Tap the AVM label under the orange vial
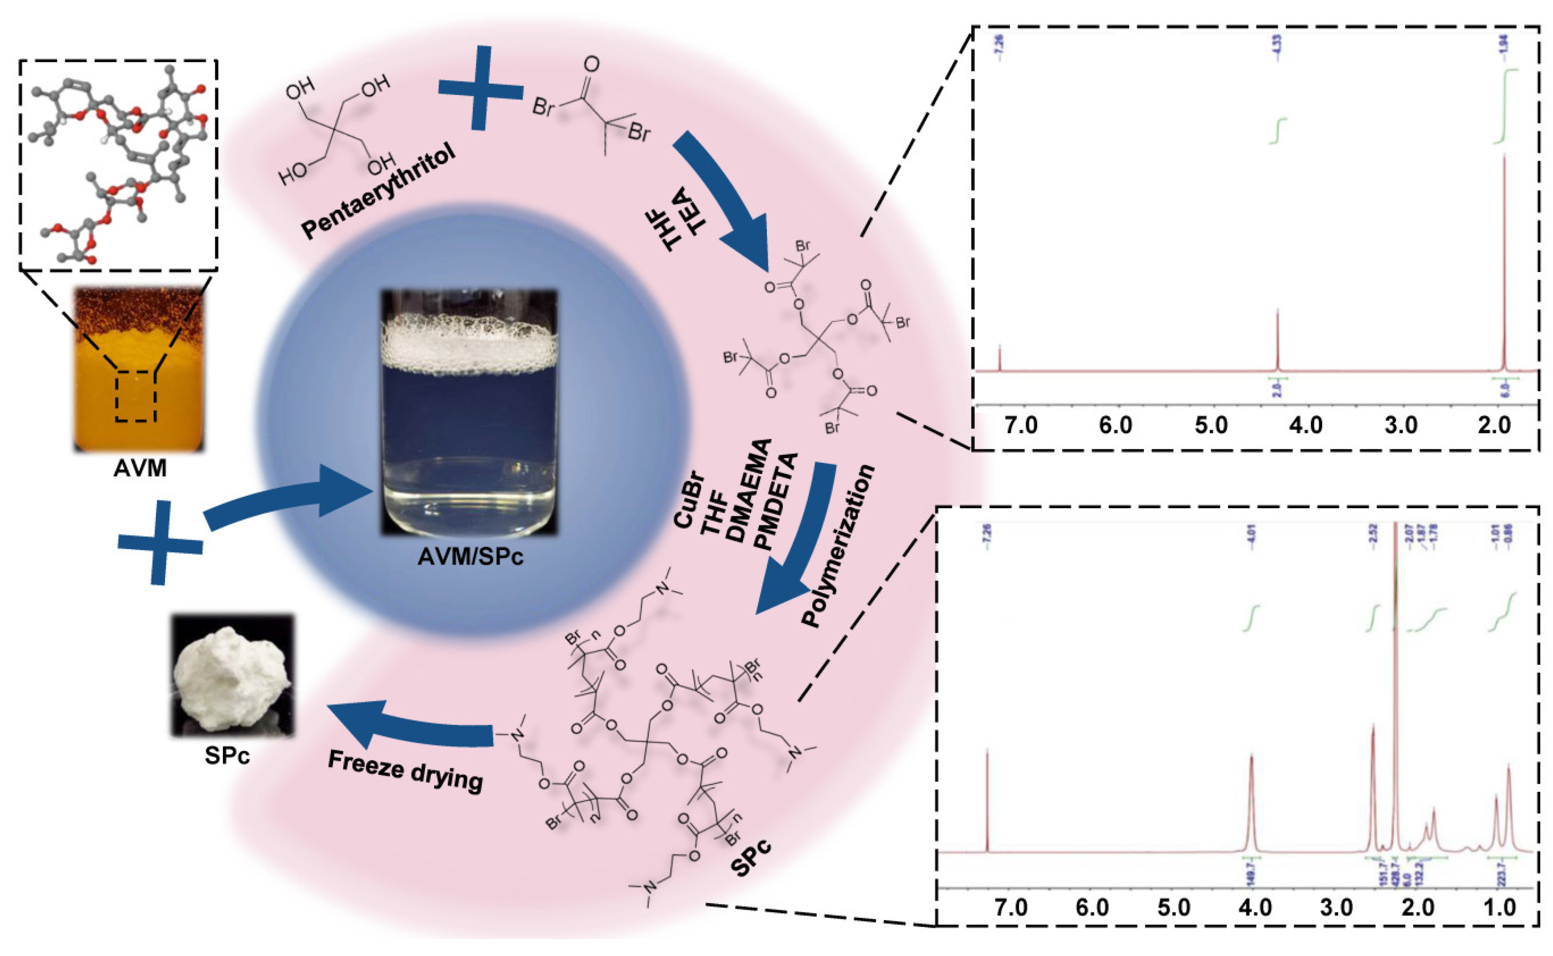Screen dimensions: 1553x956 (140, 469)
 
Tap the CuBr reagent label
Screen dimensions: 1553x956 (687, 506)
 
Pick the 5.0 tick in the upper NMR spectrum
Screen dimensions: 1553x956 (1211, 425)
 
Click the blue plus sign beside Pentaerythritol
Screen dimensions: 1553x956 (481, 88)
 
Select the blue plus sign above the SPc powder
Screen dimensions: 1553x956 (160, 542)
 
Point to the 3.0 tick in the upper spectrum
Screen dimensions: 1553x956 (1401, 425)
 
